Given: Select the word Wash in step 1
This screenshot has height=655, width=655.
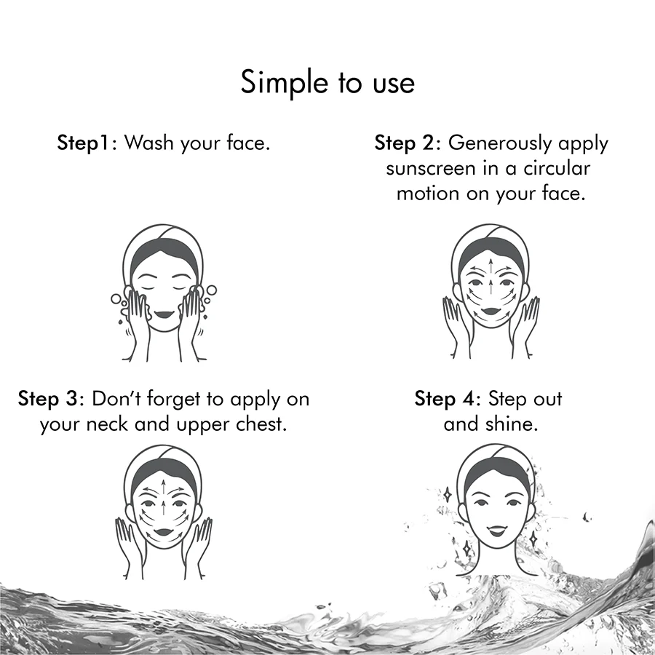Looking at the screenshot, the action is click(148, 143).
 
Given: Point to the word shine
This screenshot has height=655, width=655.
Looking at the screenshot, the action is click(512, 424).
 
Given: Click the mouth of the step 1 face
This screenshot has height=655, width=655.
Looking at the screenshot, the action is click(164, 314).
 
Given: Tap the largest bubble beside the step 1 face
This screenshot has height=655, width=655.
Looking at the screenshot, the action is click(211, 290).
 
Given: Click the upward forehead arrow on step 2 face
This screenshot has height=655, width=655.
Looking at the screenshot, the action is click(491, 266).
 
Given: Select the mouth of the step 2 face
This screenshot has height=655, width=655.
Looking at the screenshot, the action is click(491, 311).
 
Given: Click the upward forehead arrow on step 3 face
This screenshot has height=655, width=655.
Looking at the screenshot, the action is click(163, 487).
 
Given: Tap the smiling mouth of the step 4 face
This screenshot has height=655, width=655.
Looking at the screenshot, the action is click(496, 531).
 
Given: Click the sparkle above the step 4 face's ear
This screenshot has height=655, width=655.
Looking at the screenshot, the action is click(448, 495).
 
